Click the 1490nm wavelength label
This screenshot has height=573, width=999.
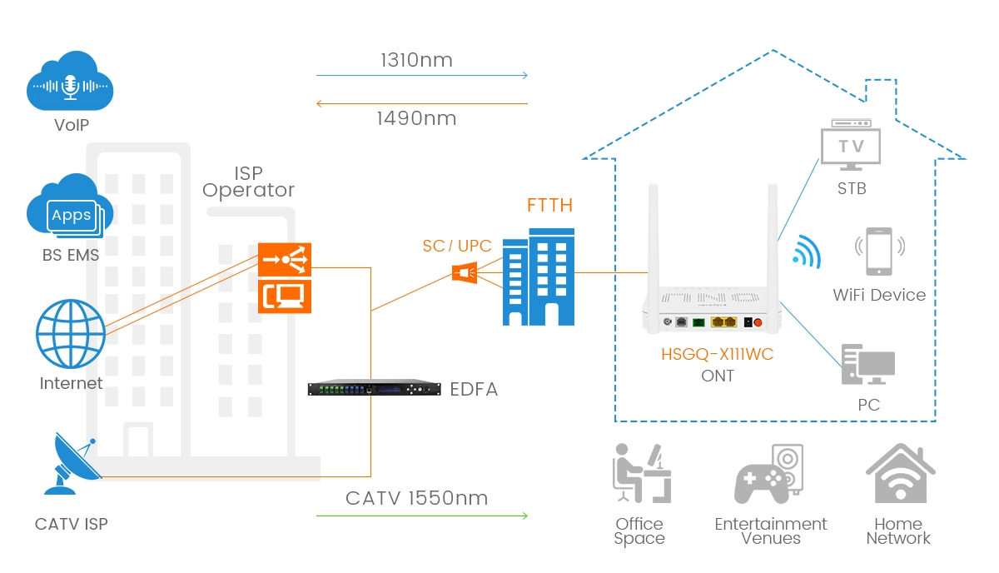pyautogui.click(x=416, y=118)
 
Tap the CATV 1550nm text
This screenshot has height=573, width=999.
pyautogui.click(x=416, y=498)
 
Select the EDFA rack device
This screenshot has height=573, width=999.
pyautogui.click(x=374, y=389)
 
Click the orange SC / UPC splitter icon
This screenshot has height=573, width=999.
pyautogui.click(x=464, y=272)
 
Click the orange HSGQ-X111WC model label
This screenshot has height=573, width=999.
pyautogui.click(x=717, y=355)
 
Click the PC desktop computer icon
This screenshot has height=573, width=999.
pyautogui.click(x=867, y=366)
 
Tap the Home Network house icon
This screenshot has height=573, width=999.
pyautogui.click(x=898, y=474)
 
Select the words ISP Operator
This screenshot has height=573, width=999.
pyautogui.click(x=248, y=182)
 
